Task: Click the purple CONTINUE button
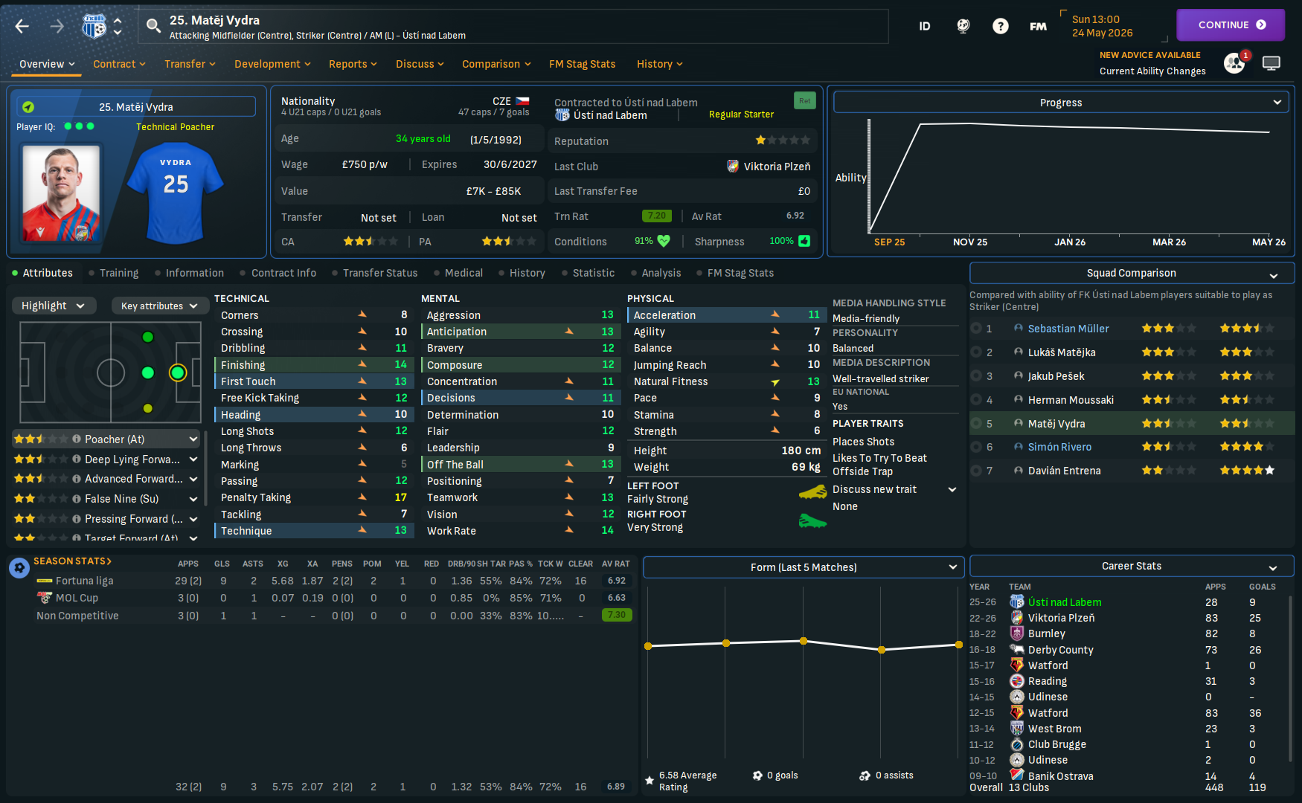coord(1230,25)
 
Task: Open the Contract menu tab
coord(119,64)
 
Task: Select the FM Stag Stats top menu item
coord(582,64)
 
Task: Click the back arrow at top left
coord(22,27)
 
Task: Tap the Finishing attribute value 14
coord(400,365)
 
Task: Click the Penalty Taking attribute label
coord(256,497)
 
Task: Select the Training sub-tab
coord(119,273)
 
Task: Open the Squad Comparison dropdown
coord(1132,274)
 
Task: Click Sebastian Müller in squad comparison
coord(1068,329)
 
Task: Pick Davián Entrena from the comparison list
coord(1064,471)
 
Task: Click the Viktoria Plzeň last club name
coord(777,167)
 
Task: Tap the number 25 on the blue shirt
coord(176,184)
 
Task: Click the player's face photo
coord(61,193)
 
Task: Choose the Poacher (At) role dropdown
coord(107,439)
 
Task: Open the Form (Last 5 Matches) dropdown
coord(804,567)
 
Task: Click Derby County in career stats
coord(1060,650)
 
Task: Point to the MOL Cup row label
coord(77,598)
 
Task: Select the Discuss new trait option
coord(875,489)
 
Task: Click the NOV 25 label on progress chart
coord(970,242)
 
